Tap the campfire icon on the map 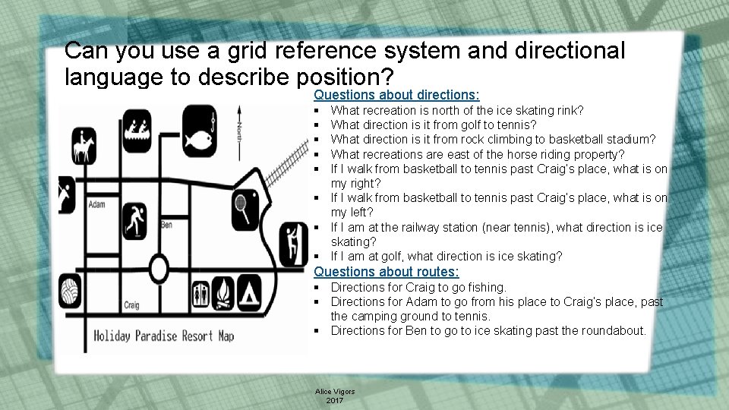(224, 294)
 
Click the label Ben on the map (167, 225)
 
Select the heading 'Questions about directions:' (396, 96)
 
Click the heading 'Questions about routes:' (386, 272)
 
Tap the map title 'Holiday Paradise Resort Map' (163, 336)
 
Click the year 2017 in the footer (334, 399)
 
